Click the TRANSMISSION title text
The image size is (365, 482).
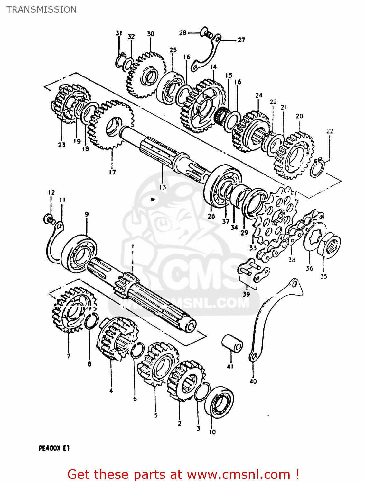42,10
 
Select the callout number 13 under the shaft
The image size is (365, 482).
162,187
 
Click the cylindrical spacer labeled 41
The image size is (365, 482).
232,344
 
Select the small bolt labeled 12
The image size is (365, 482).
49,219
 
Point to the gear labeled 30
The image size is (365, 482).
146,76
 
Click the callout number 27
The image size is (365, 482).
241,40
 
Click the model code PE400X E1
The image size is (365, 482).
54,448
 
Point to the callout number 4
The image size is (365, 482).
111,391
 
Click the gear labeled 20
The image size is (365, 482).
294,155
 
